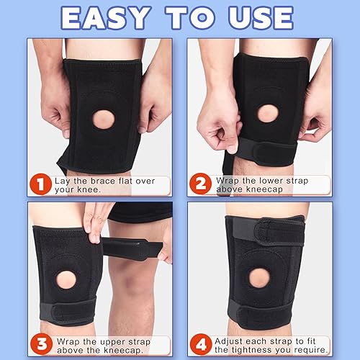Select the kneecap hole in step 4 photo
[x=258, y=276]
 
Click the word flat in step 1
[x=127, y=181]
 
